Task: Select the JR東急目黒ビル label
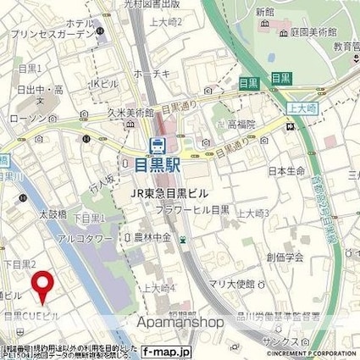[x=169, y=192]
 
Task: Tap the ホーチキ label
[x=159, y=75]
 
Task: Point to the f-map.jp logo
[x=166, y=350]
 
